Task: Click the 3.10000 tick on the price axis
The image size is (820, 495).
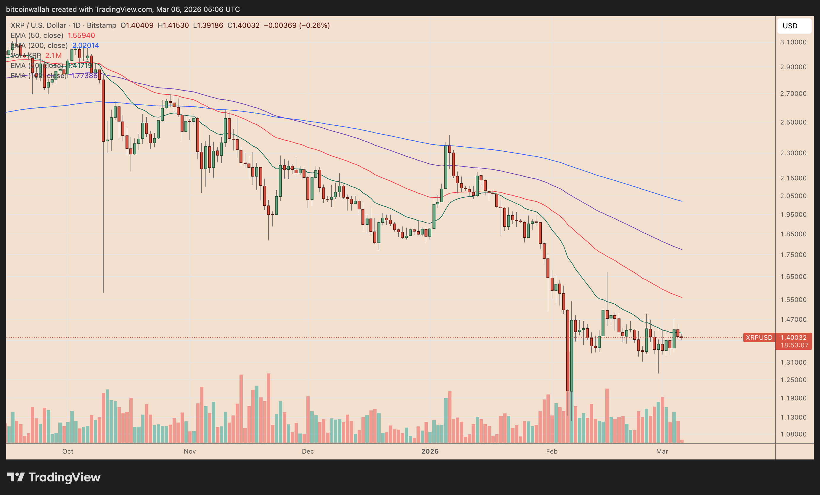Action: [x=793, y=42]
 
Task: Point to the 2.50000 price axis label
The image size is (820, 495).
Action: [x=793, y=122]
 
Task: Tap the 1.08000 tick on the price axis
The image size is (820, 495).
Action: [x=793, y=434]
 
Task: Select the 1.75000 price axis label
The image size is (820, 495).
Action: [x=793, y=255]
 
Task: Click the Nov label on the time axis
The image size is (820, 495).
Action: [x=190, y=451]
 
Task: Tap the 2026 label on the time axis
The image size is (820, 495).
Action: [x=430, y=451]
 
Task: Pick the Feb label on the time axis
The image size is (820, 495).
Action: [x=552, y=451]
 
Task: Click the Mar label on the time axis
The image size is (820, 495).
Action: [x=662, y=451]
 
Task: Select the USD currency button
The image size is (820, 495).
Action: [x=794, y=26]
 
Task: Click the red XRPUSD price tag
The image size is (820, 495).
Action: [x=759, y=337]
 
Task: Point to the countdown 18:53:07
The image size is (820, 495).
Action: [x=794, y=345]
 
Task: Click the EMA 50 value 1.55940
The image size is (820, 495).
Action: [x=81, y=35]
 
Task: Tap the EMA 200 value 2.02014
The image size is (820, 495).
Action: [x=86, y=46]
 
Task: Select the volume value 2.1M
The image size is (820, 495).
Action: [x=53, y=56]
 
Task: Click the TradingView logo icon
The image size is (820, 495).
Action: [x=16, y=477]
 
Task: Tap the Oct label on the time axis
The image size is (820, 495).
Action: [x=67, y=451]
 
